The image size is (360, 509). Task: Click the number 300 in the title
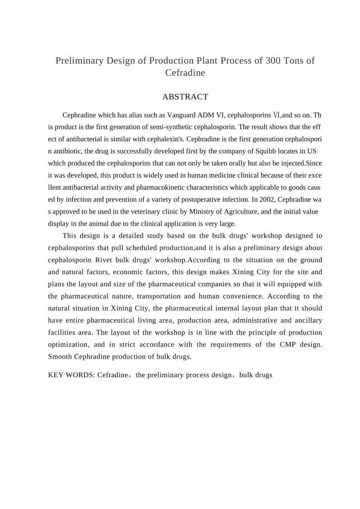[x=273, y=61]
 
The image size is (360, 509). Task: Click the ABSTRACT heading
[x=185, y=97]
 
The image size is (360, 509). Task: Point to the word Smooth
[x=60, y=357]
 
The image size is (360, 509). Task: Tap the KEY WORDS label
[x=71, y=375]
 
